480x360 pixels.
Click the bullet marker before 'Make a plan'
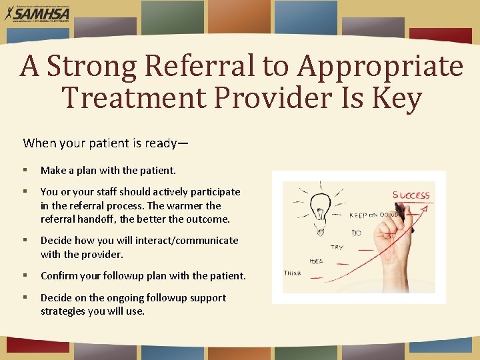(25, 171)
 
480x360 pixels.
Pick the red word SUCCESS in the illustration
(411, 195)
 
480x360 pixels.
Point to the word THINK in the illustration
(293, 273)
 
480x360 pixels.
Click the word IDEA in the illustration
(317, 261)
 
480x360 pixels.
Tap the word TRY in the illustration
(337, 247)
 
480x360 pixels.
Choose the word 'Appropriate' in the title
(379, 66)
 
